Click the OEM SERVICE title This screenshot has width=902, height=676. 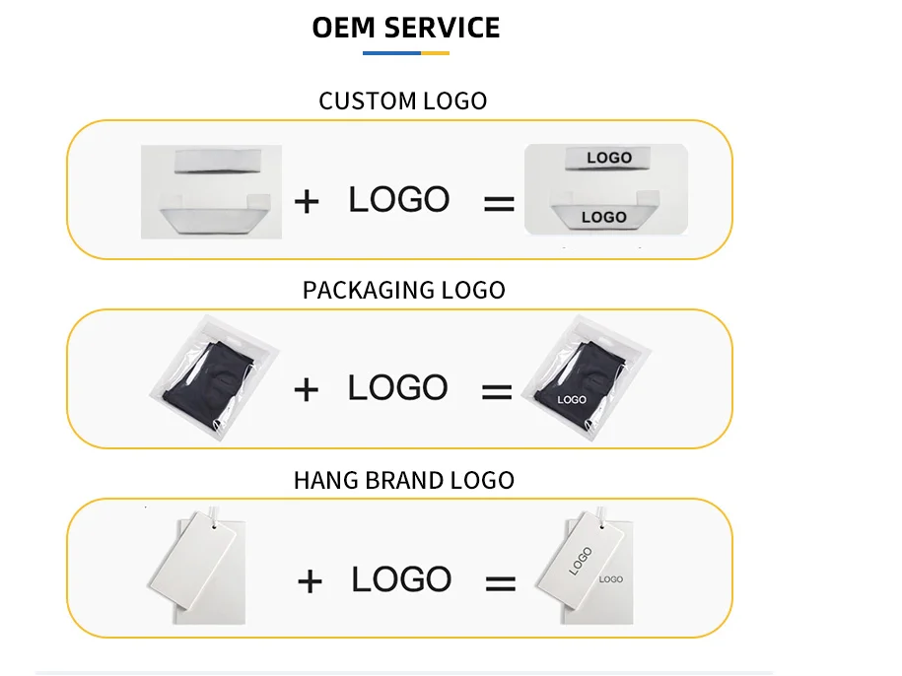405,28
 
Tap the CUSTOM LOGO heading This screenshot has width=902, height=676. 402,101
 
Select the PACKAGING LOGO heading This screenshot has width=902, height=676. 403,290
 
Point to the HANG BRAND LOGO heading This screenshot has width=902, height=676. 403,480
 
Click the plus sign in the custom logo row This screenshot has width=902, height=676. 308,202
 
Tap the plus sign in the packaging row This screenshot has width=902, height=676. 307,390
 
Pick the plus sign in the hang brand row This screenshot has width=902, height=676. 310,581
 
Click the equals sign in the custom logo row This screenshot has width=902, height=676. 499,204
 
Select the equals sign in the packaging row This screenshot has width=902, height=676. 497,392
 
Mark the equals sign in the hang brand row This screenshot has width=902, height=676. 500,583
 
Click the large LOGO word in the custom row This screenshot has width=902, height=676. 398,199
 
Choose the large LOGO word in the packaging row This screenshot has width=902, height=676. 397,387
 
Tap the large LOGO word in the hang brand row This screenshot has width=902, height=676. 401,578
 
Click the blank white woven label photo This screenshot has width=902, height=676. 211,191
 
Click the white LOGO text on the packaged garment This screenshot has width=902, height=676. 572,400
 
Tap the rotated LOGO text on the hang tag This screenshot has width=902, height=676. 581,561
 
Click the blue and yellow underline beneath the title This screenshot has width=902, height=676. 405,53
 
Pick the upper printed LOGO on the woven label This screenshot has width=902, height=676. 608,158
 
